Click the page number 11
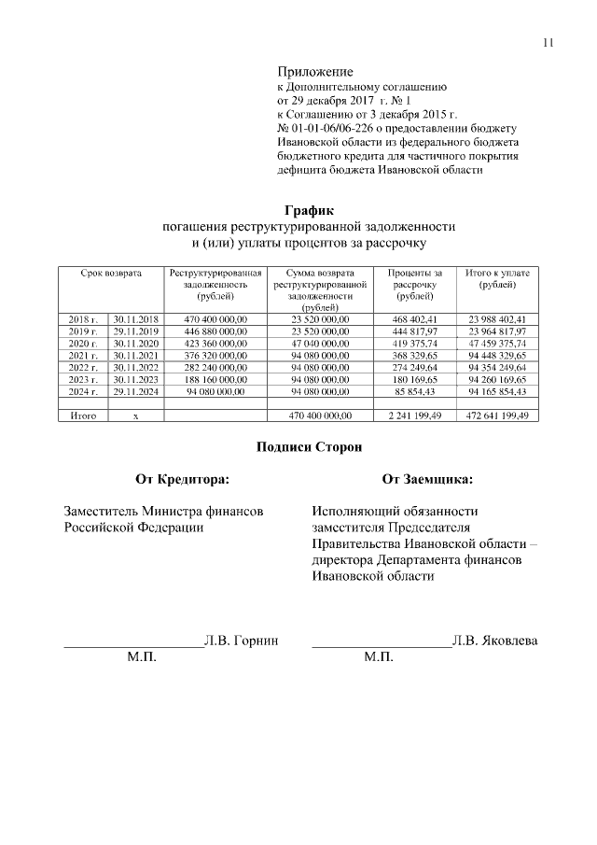548,42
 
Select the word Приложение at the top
315,72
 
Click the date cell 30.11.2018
136,319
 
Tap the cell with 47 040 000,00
320,344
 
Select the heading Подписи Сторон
308,447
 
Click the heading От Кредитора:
182,480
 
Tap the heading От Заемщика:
426,480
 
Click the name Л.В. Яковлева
494,641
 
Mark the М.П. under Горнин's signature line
142,658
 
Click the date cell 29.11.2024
136,391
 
